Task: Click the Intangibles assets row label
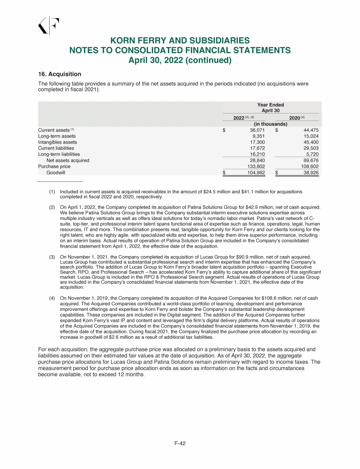[57, 142]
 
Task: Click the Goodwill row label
[55, 173]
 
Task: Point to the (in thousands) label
[270, 124]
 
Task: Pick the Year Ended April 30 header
[270, 107]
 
